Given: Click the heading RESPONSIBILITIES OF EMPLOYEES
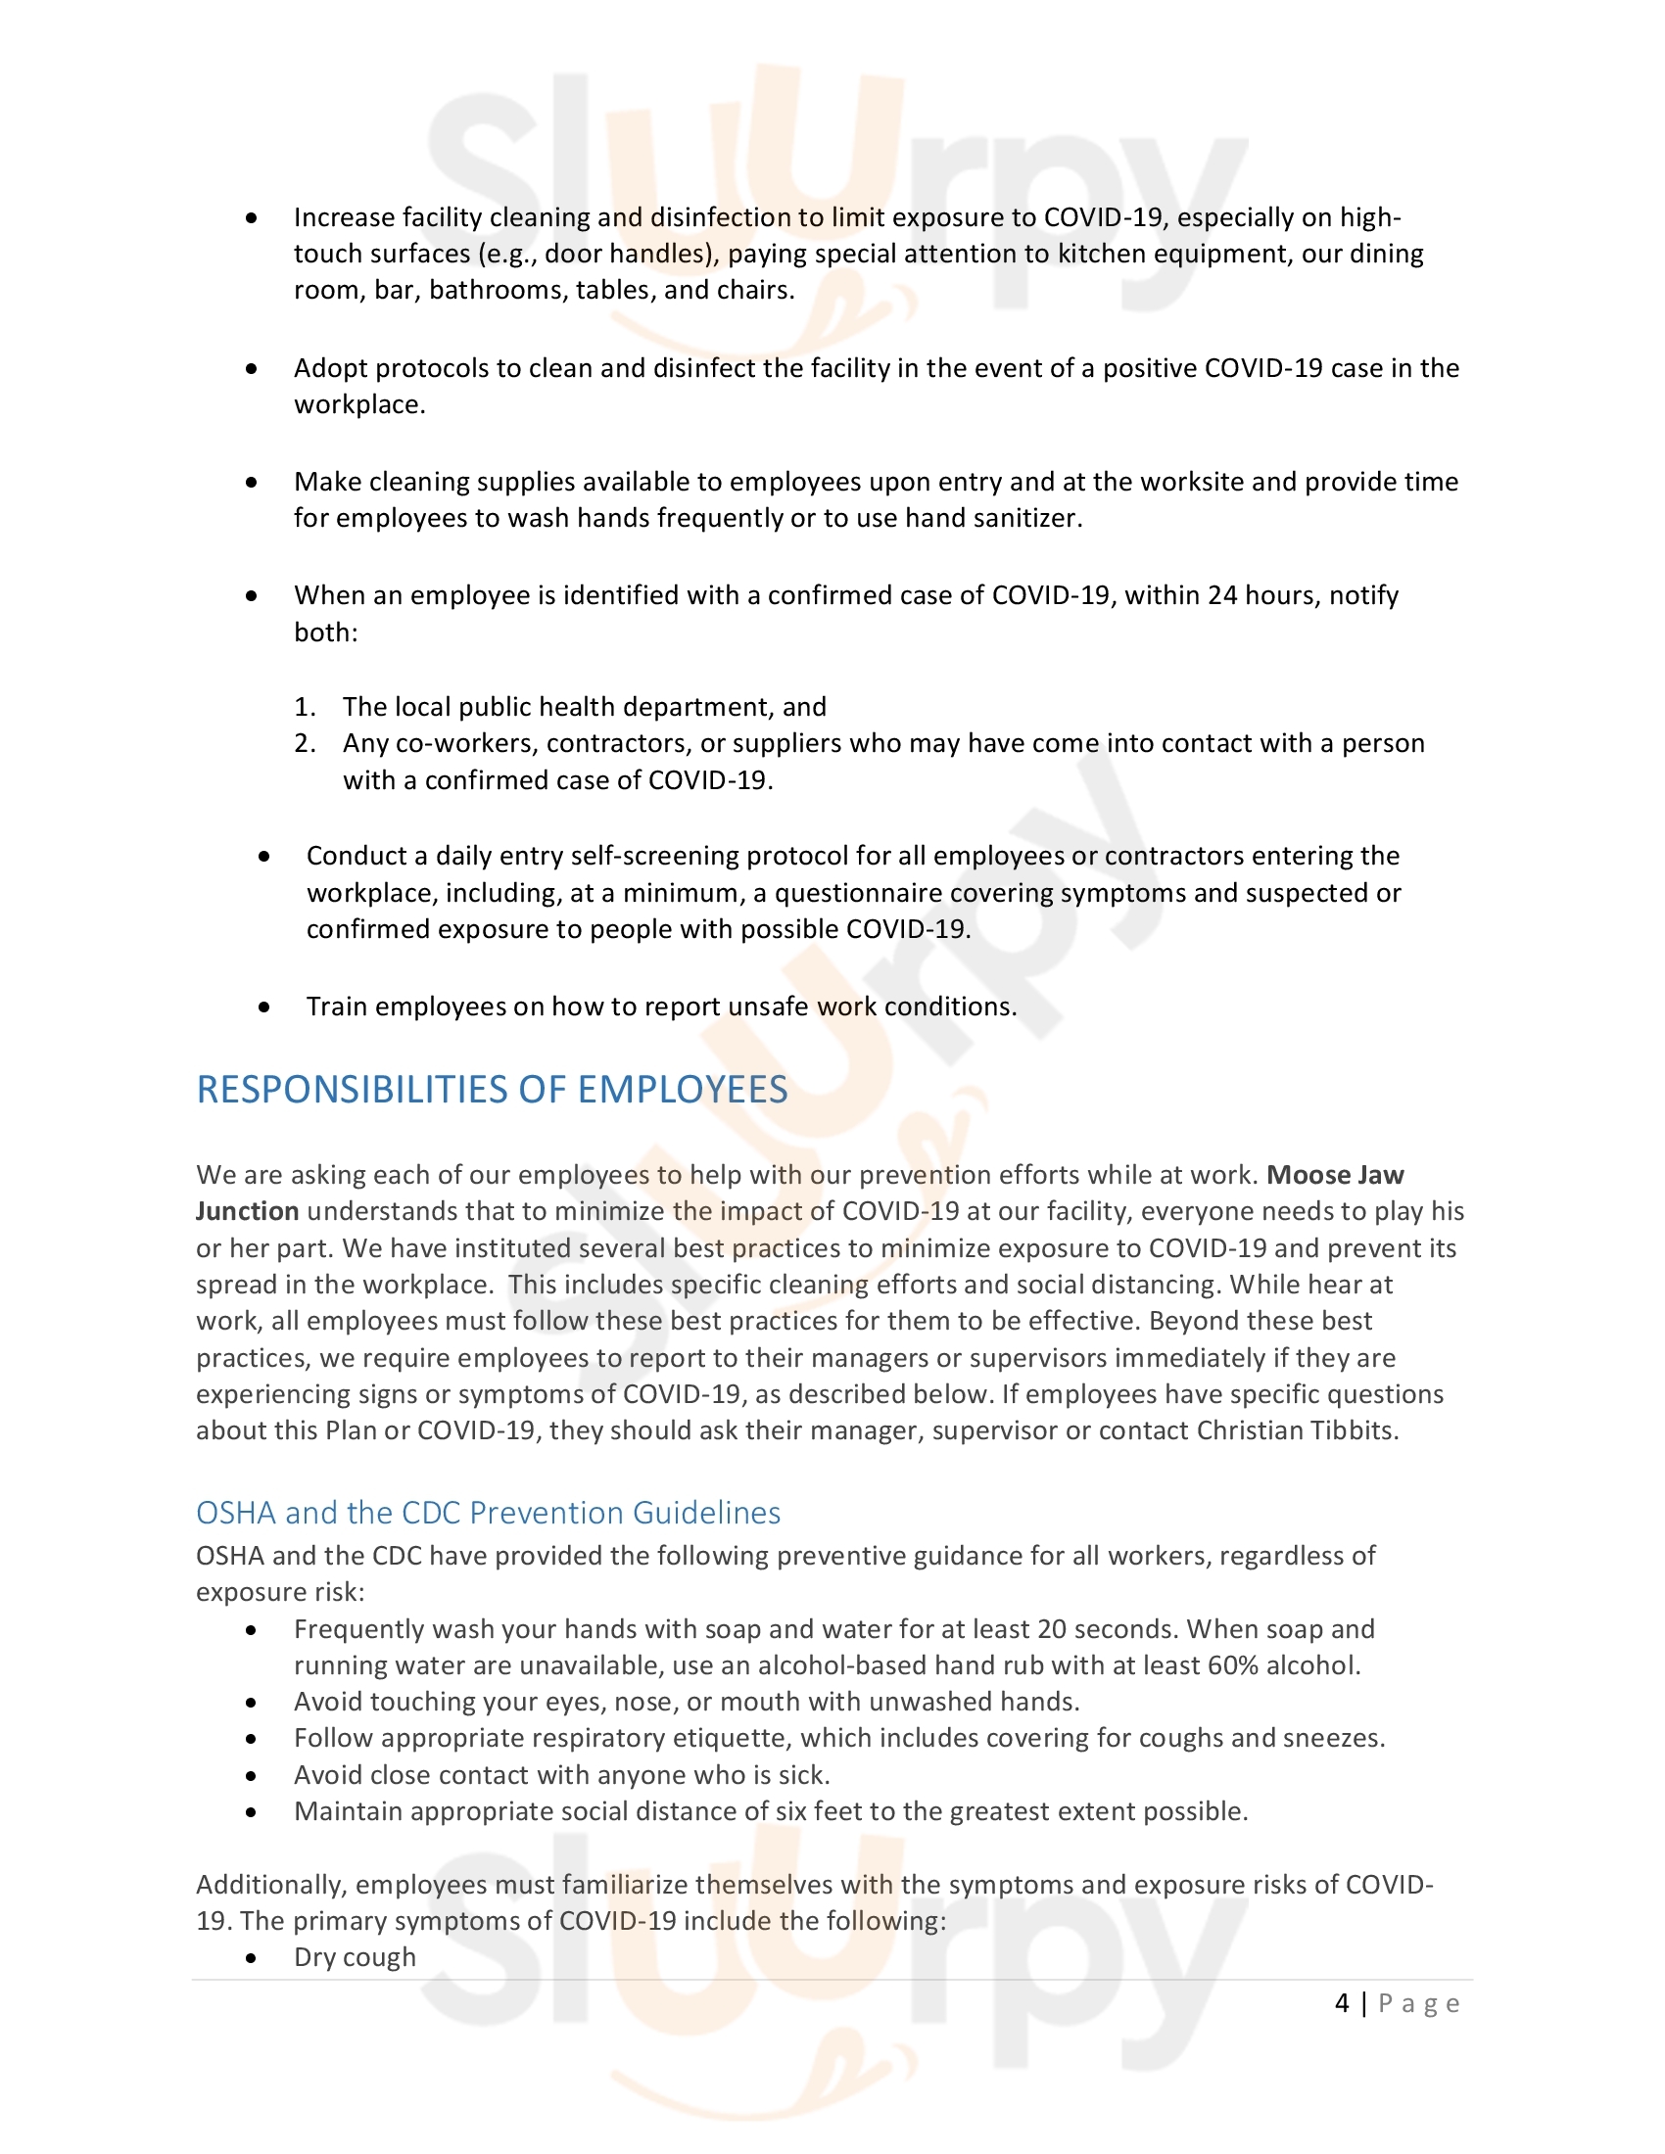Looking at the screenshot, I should [492, 1090].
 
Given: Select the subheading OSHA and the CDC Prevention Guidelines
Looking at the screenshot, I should [489, 1513].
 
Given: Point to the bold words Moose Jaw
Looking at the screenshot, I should [1335, 1176].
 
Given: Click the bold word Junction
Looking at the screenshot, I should [247, 1212].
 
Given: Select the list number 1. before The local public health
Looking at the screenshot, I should [305, 707].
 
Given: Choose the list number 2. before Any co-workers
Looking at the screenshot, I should [305, 744].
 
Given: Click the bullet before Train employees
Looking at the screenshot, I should [264, 1007].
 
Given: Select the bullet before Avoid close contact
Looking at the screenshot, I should [252, 1775].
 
